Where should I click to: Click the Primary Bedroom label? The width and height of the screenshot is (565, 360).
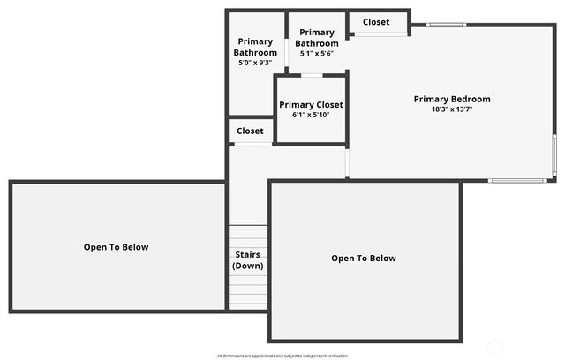pos(452,99)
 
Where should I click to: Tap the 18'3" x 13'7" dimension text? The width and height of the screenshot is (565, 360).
pos(452,109)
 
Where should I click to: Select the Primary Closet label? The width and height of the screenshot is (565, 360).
pos(311,105)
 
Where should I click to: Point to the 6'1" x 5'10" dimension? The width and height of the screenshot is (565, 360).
pos(311,115)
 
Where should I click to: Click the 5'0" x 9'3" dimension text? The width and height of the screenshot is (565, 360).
pos(255,63)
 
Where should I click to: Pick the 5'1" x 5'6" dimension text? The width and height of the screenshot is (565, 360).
pos(317,54)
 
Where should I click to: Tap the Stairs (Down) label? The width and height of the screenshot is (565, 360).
pos(247,260)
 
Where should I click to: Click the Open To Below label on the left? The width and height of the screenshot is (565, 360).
pos(117,247)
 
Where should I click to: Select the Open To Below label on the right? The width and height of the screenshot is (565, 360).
pos(364,259)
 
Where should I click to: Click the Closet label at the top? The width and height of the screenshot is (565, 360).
pos(376,22)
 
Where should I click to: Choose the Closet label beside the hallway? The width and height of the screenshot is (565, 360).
pos(250,131)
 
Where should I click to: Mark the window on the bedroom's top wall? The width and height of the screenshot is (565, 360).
pos(446,25)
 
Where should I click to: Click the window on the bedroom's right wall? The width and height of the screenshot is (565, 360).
pos(554,157)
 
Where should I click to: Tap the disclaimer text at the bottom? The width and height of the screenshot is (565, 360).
pos(282,356)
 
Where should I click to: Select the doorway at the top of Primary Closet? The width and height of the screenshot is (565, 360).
pos(311,76)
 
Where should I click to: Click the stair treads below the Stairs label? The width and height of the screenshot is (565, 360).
pos(247,291)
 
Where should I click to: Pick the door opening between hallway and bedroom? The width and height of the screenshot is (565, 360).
pos(347,162)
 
